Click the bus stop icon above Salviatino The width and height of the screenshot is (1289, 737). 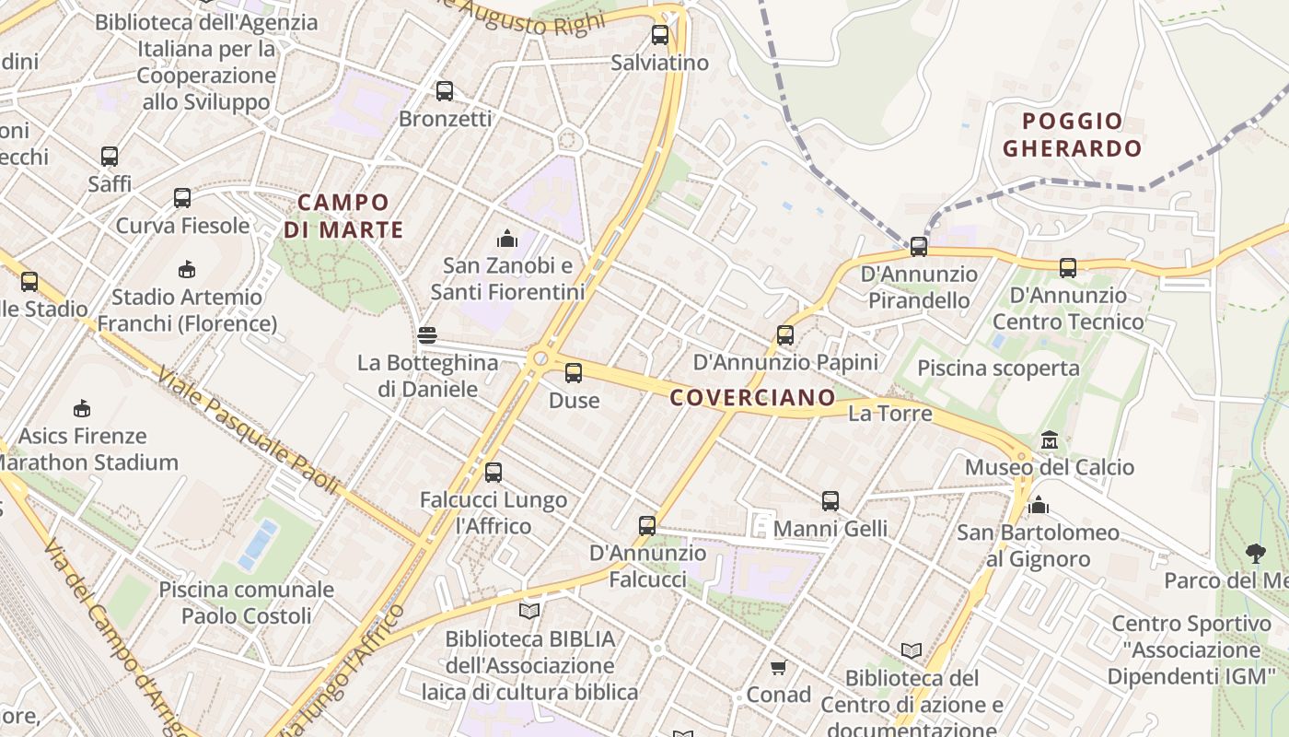[659, 36]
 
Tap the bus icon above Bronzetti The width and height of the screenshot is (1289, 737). [445, 91]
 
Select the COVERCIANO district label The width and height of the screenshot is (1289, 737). [752, 398]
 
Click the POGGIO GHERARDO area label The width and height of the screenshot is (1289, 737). [1072, 135]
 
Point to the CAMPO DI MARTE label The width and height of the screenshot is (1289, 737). [343, 216]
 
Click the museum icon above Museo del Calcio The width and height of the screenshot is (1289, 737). [1050, 440]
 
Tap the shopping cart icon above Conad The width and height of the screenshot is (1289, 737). [778, 667]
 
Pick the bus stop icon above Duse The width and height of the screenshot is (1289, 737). [574, 373]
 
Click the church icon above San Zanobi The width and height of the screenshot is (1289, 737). [506, 240]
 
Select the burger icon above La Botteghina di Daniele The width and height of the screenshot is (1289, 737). [426, 335]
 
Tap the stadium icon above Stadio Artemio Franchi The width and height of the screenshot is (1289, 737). [187, 270]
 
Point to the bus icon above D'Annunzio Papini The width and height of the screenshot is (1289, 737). [784, 335]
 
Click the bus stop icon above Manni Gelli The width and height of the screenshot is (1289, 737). [830, 501]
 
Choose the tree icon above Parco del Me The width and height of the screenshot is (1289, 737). [1255, 553]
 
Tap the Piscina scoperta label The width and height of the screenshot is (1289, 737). [998, 368]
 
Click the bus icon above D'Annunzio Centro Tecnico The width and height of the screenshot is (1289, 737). [1067, 268]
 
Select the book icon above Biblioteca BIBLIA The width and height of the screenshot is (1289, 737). [529, 611]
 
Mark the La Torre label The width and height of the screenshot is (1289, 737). [889, 414]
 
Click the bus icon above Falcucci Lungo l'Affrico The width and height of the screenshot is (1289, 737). [494, 473]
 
